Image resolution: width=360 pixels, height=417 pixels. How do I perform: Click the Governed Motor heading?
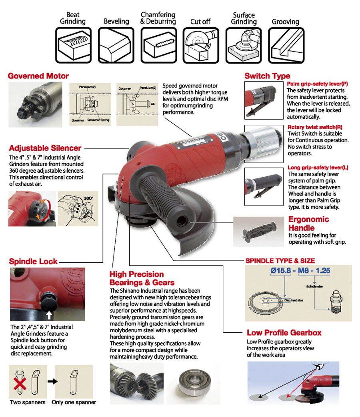click(38, 76)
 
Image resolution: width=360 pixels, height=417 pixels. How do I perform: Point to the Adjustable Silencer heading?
click(45, 148)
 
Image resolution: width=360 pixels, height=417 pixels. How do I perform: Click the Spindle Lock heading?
click(33, 262)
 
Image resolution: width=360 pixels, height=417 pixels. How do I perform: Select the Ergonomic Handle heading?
click(308, 223)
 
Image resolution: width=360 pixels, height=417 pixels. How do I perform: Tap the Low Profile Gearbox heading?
click(284, 333)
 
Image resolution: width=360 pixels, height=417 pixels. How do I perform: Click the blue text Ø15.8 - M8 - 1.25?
click(300, 271)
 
